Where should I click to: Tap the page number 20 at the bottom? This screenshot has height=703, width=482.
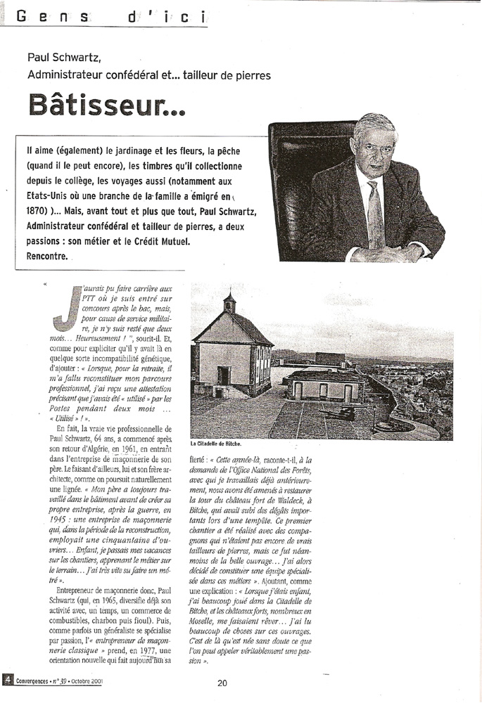(x=222, y=682)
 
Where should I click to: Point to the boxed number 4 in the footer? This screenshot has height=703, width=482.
(x=6, y=681)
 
